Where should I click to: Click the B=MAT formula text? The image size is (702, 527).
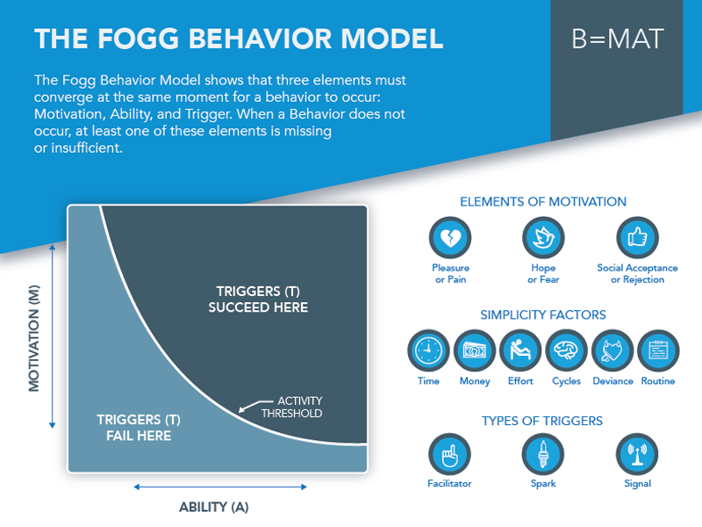pyautogui.click(x=618, y=39)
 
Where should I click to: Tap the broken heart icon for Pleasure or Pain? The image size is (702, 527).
pyautogui.click(x=450, y=237)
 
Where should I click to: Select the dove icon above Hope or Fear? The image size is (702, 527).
pyautogui.click(x=543, y=237)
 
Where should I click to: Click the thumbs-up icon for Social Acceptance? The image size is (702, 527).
pyautogui.click(x=637, y=237)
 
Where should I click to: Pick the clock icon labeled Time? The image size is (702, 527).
pyautogui.click(x=428, y=350)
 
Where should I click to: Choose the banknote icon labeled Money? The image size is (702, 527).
pyautogui.click(x=475, y=350)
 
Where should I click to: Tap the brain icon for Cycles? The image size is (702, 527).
pyautogui.click(x=566, y=350)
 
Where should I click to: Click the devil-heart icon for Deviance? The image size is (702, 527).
pyautogui.click(x=612, y=350)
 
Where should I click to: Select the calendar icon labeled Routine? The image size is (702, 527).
pyautogui.click(x=658, y=350)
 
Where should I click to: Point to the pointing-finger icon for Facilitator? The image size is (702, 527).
pyautogui.click(x=449, y=454)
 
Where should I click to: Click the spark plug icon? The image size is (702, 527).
pyautogui.click(x=543, y=454)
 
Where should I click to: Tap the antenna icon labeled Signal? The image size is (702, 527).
pyautogui.click(x=637, y=454)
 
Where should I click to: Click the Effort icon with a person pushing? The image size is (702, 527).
pyautogui.click(x=520, y=350)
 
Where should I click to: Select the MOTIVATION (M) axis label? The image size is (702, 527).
pyautogui.click(x=34, y=338)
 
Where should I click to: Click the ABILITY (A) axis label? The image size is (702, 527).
pyautogui.click(x=214, y=507)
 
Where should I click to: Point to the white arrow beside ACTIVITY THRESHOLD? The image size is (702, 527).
pyautogui.click(x=255, y=405)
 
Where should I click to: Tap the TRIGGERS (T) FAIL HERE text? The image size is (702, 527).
pyautogui.click(x=139, y=428)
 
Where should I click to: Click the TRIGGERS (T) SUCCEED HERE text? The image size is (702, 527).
pyautogui.click(x=258, y=300)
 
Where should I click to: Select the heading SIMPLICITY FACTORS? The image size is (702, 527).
pyautogui.click(x=543, y=314)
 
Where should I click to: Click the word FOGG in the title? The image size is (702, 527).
pyautogui.click(x=139, y=39)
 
